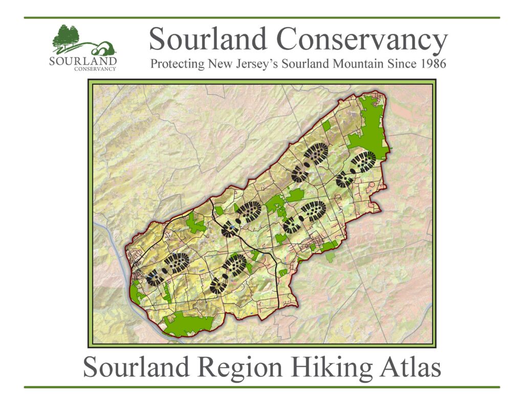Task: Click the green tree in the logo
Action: click(66, 37)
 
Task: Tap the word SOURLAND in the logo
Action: click(83, 61)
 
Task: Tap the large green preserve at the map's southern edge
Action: click(187, 324)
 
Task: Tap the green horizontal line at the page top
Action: click(261, 17)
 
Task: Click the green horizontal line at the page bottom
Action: click(261, 387)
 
